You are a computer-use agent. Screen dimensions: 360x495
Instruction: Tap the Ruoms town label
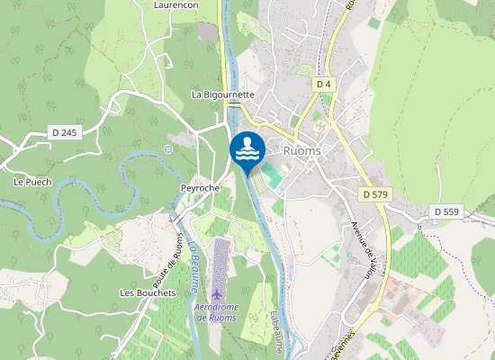coord(301,151)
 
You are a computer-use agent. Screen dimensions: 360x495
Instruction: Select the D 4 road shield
coord(324,84)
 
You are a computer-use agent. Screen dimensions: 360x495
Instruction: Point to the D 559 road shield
coord(445,211)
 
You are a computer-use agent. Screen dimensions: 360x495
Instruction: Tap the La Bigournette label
coord(223,94)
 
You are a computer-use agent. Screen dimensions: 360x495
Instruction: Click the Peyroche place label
coord(200,187)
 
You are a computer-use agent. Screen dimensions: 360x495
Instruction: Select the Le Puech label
coord(32,182)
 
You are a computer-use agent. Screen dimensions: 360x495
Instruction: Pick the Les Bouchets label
coord(147,293)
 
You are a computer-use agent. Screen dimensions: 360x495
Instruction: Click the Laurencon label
coord(176,4)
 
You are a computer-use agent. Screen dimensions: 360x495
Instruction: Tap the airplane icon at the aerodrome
coord(216,295)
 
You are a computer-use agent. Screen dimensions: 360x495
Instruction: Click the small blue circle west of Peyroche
coord(167,149)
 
